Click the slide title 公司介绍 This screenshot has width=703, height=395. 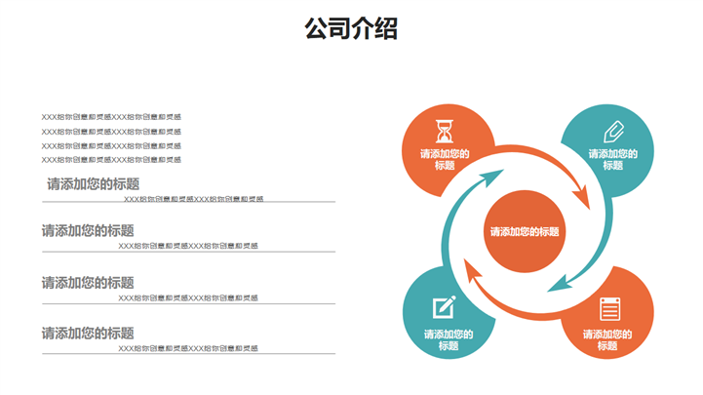coord(351,29)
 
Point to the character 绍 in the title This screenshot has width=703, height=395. coord(386,29)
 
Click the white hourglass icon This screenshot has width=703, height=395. coord(446,129)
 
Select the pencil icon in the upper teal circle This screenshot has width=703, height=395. coord(613,131)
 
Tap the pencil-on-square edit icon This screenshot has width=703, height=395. coord(445,306)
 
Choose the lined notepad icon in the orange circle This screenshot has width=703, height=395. coord(609,308)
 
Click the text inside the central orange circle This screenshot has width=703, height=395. coord(525,232)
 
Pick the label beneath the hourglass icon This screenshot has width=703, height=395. coord(446,159)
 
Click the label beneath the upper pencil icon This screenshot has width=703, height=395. coord(613,159)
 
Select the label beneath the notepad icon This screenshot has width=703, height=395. coord(607,339)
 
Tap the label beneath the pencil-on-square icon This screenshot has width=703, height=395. coord(449,339)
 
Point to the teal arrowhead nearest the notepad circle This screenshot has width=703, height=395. coord(557,284)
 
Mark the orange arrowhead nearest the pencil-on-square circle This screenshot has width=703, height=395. coord(471,271)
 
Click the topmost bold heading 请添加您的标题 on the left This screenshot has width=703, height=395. coord(93,183)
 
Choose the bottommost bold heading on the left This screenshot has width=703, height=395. coord(88,333)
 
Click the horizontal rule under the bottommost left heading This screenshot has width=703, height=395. coord(188,354)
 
